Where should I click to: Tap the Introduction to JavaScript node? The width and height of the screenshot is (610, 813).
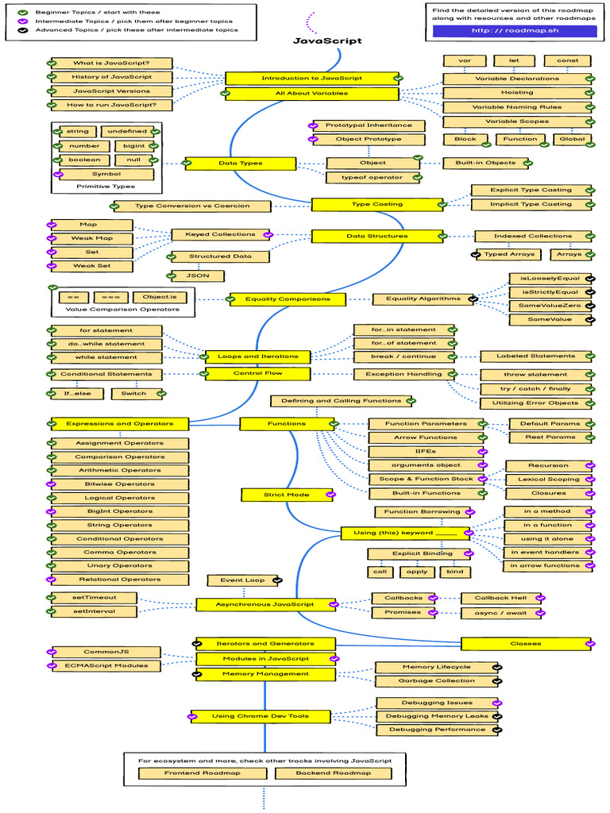click(311, 78)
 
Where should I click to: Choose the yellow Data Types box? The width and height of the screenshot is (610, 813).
click(240, 164)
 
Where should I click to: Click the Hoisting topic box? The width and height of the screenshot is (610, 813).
click(516, 93)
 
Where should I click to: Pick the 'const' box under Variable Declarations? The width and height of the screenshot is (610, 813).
click(567, 61)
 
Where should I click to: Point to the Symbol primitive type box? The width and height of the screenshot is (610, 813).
click(106, 174)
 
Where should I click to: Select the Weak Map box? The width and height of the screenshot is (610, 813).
click(91, 238)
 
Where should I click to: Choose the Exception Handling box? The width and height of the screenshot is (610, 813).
click(403, 374)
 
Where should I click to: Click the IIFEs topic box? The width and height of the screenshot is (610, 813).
click(425, 451)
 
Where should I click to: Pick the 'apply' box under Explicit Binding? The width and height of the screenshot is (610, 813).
click(418, 572)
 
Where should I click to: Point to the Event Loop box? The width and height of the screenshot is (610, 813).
click(242, 580)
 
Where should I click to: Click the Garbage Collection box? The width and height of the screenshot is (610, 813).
click(438, 681)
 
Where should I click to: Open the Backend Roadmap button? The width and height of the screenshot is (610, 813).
click(333, 773)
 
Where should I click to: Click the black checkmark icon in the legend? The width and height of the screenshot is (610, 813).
click(23, 29)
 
